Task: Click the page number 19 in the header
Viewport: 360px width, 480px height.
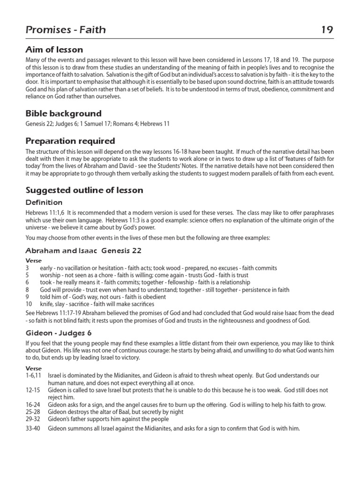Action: (x=327, y=30)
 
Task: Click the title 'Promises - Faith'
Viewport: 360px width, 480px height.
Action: (x=66, y=30)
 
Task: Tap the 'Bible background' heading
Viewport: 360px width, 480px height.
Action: (x=63, y=113)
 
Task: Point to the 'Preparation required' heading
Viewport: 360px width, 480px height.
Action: (x=70, y=141)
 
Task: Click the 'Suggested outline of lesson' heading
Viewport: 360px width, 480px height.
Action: (x=84, y=190)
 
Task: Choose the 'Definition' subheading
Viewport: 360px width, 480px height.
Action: (x=44, y=202)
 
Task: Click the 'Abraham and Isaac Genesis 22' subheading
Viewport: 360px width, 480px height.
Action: (x=83, y=250)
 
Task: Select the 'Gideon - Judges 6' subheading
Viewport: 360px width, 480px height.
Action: (x=59, y=333)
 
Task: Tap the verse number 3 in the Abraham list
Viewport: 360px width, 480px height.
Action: (x=28, y=268)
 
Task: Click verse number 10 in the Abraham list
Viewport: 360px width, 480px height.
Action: (x=29, y=304)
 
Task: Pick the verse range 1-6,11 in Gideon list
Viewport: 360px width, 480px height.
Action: (x=34, y=376)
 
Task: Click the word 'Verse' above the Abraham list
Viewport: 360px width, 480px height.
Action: (x=34, y=261)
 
